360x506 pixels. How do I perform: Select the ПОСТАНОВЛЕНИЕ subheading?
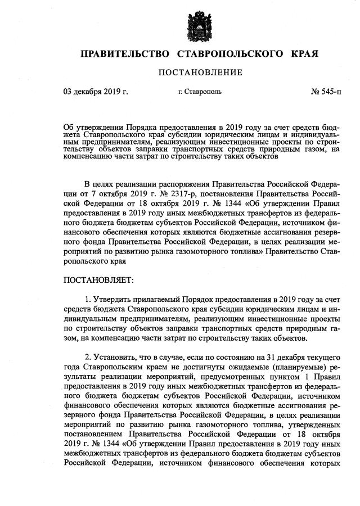point(200,73)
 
